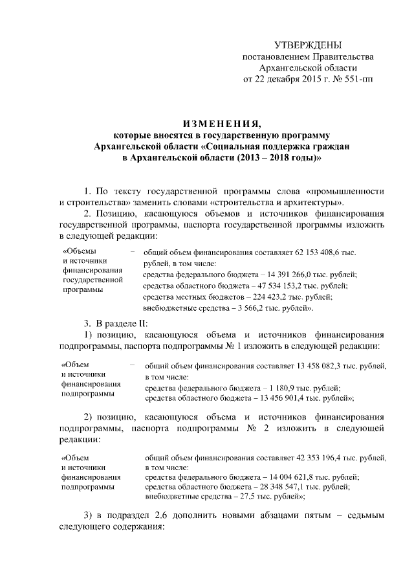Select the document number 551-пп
click(x=360, y=80)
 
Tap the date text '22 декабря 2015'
click(x=287, y=80)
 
